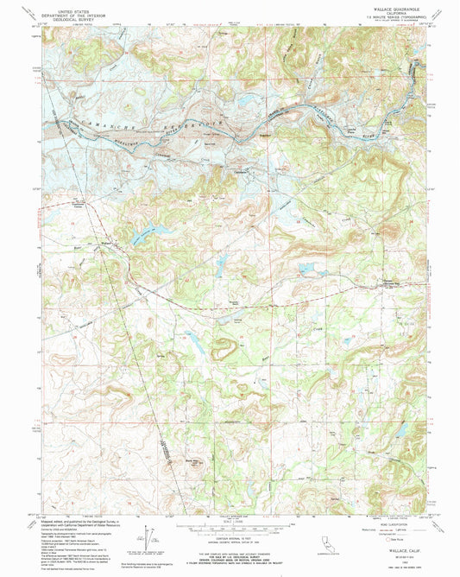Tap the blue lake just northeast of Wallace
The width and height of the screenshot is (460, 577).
coord(151,232)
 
